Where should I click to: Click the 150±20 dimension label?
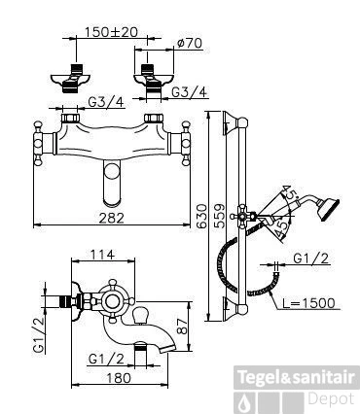(111, 32)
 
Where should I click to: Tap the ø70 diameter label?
(190, 43)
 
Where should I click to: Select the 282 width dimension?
(111, 218)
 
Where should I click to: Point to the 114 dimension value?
(102, 255)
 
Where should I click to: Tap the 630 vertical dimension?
(201, 217)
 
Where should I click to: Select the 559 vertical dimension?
(220, 216)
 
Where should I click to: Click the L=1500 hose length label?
(307, 303)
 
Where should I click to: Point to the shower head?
(328, 209)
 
